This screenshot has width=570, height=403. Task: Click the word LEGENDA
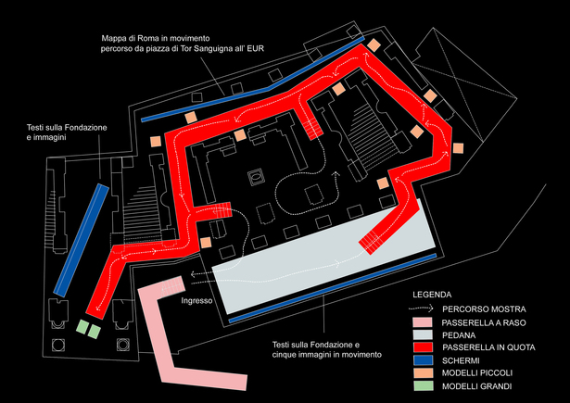tap(432, 295)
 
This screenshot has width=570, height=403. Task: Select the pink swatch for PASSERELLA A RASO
tap(424, 322)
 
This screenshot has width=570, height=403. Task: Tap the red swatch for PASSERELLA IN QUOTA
tap(424, 347)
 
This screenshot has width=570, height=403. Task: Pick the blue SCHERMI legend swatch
tap(424, 360)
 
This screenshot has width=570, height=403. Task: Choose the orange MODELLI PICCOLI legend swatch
tap(424, 373)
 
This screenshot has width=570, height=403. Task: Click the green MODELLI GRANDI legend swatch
tap(424, 386)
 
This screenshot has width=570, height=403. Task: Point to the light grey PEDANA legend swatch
tap(424, 335)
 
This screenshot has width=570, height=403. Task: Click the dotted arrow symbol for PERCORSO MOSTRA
tap(421, 309)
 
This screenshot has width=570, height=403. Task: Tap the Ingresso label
tap(196, 301)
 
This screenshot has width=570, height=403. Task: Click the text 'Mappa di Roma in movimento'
tap(156, 38)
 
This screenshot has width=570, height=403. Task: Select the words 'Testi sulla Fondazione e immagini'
tap(67, 132)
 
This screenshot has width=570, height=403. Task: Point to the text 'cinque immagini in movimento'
tap(327, 354)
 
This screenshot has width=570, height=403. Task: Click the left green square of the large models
tap(82, 327)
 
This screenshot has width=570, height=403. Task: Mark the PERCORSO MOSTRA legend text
tap(484, 309)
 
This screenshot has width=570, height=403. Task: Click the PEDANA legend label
tap(459, 335)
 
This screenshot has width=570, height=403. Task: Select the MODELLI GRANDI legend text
tap(477, 386)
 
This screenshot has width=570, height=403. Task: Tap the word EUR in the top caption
tap(256, 48)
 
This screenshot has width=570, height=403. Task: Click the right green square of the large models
tap(95, 332)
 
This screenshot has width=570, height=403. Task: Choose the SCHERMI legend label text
tap(461, 360)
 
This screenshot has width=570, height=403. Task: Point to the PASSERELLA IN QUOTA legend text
tap(488, 347)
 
